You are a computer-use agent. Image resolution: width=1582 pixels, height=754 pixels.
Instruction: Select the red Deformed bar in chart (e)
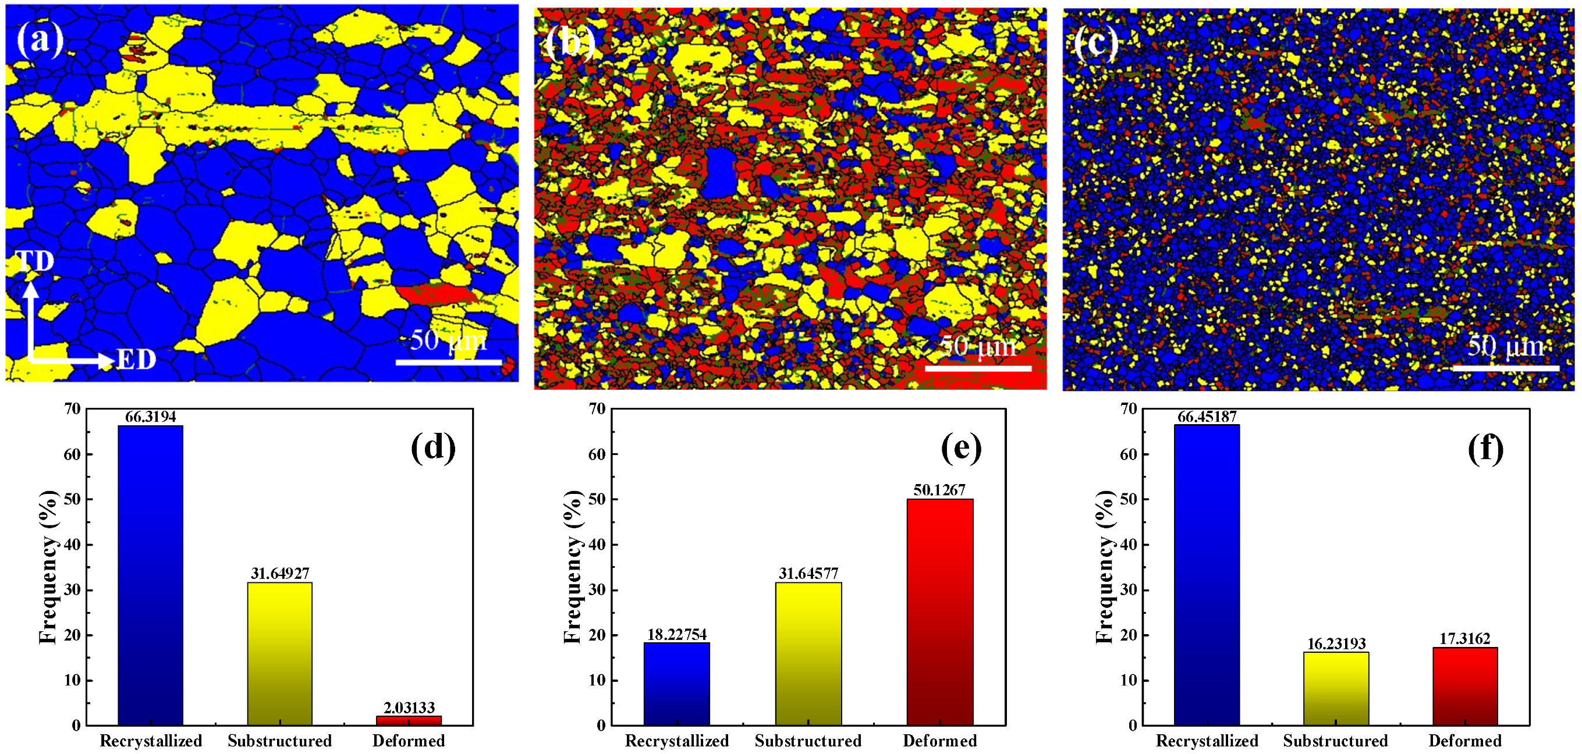939,611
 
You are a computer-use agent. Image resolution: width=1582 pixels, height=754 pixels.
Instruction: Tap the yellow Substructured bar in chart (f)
1336,688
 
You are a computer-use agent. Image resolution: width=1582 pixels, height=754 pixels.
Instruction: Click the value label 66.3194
151,417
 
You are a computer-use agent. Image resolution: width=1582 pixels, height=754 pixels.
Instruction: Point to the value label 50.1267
939,490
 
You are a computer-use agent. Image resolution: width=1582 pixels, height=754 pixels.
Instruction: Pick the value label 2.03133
409,708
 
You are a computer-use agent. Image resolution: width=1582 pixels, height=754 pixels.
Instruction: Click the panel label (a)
41,40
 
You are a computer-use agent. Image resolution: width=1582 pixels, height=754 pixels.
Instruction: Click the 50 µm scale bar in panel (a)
448,362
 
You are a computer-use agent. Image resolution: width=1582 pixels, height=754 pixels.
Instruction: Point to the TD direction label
35,262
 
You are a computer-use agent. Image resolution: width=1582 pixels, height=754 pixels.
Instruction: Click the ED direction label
136,360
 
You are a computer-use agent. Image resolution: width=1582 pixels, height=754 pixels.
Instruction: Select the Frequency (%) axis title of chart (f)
1105,567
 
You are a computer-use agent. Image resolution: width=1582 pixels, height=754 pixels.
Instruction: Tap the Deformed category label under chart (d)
409,741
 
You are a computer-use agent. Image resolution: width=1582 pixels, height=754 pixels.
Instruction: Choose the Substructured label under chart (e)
808,741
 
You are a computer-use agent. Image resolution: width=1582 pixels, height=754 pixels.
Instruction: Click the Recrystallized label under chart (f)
1207,741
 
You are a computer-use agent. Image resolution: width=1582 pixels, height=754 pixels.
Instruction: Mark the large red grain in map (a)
433,294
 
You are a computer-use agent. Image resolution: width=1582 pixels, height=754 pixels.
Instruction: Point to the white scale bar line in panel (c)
1505,368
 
